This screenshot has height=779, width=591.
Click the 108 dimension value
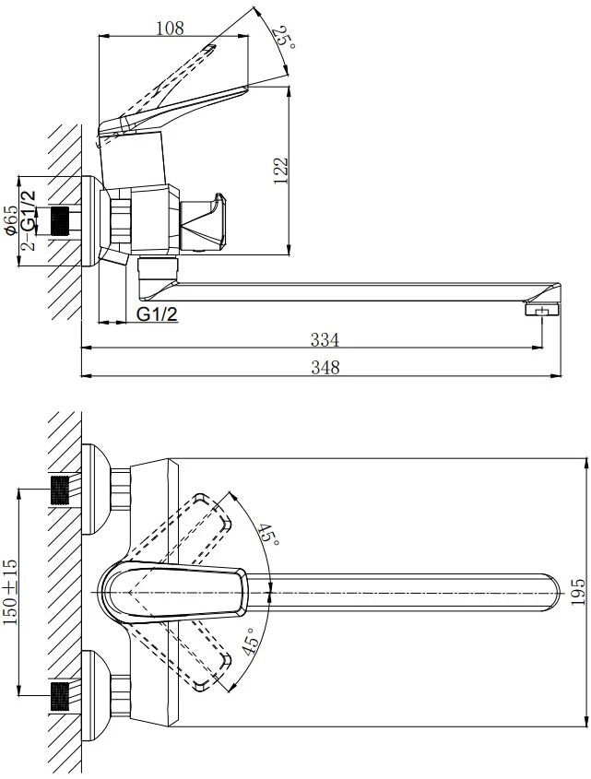click(170, 28)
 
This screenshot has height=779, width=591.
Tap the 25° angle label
click(287, 37)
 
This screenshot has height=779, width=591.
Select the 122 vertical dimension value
click(281, 171)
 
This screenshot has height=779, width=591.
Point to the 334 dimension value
click(325, 340)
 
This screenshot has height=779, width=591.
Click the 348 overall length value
click(325, 368)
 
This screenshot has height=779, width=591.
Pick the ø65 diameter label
click(11, 220)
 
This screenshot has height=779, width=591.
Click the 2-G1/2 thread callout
click(30, 220)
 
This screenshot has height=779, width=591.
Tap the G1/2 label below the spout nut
click(157, 313)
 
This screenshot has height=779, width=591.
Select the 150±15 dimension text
click(10, 592)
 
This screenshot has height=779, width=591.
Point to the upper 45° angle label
click(269, 534)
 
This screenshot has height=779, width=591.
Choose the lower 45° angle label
click(251, 641)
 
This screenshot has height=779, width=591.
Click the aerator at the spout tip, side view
click(542, 311)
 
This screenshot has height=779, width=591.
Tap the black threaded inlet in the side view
click(60, 220)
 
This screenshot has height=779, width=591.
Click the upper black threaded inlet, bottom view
click(60, 490)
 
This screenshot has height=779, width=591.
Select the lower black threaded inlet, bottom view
click(60, 696)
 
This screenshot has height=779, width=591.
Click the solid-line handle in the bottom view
click(174, 592)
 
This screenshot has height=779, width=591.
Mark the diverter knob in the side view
click(203, 221)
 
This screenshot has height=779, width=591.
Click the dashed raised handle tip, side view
click(210, 48)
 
